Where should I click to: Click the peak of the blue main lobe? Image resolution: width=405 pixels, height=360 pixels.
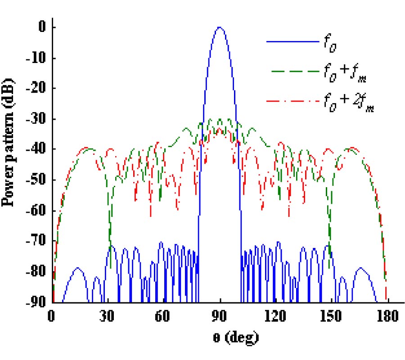(x=220, y=27)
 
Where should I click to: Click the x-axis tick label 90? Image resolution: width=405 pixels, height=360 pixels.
(x=220, y=316)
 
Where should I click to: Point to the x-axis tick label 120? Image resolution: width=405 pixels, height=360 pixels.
(x=276, y=316)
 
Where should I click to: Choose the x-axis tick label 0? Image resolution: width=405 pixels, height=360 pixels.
(x=52, y=316)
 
